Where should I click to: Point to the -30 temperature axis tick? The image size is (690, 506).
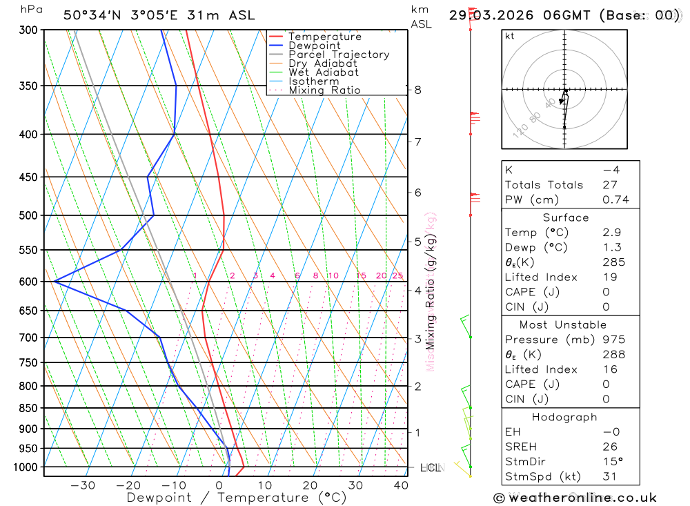pos(83,485)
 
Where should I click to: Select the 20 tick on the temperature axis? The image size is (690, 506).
pos(310,485)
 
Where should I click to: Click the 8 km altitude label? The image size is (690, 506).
pos(417,90)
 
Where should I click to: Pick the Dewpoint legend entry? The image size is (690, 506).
pos(314,46)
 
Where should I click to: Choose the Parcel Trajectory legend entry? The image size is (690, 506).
pos(338,55)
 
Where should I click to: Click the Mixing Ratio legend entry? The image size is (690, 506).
pos(324,90)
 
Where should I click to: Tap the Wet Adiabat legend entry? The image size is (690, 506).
pos(323,72)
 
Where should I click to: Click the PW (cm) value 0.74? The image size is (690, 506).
pos(615,200)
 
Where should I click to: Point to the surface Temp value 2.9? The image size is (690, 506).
pos(611,233)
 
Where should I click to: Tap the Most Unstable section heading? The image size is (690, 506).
pos(563,324)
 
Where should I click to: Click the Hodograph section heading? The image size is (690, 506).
pos(564,417)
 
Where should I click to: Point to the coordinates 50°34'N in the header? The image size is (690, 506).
pos(92,15)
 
